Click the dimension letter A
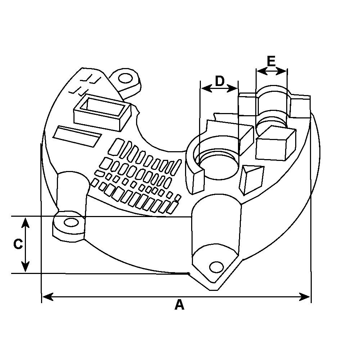(179, 305)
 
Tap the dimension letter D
(220, 81)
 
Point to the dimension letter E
(271, 61)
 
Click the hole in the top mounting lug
(125, 78)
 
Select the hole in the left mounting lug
(72, 222)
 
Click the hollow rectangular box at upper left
(102, 111)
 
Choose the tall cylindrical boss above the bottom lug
(215, 227)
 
